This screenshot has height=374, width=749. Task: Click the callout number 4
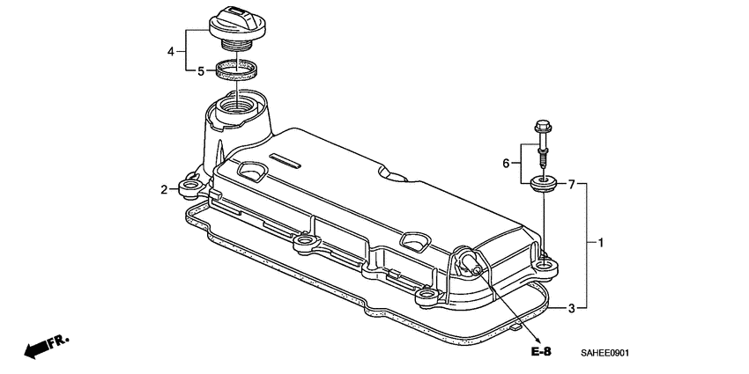[x=172, y=52]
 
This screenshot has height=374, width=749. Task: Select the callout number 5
[x=200, y=70]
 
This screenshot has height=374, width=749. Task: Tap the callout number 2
[x=164, y=189]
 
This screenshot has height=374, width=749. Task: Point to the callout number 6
[x=507, y=164]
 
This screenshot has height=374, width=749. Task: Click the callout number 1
[x=601, y=242]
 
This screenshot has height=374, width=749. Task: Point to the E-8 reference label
[x=541, y=352]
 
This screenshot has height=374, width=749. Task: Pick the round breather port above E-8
[x=468, y=260]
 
